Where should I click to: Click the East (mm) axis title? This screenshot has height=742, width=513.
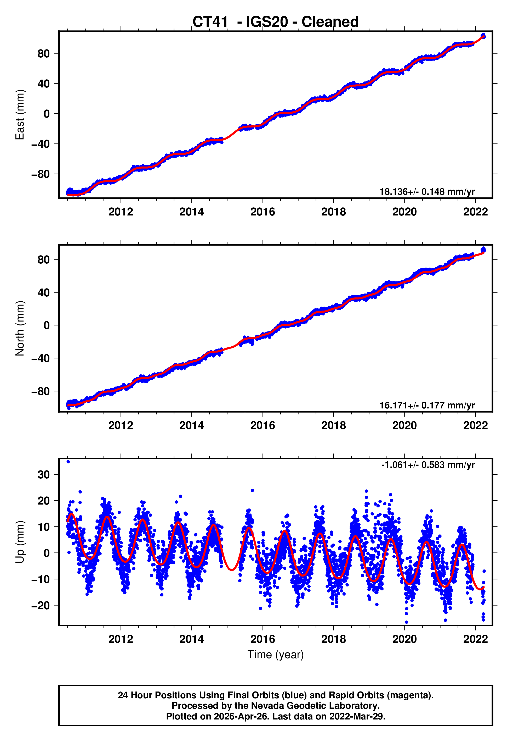coord(20,115)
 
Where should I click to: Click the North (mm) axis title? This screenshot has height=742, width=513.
coord(20,328)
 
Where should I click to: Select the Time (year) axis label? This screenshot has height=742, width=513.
coord(276,655)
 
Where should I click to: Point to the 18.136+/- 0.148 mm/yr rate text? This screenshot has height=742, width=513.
coord(427,192)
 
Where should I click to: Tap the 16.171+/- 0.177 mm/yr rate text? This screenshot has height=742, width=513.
coord(427,405)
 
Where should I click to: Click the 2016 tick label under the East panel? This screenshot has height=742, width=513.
coord(263,212)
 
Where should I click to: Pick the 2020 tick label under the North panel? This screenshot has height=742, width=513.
coord(404,425)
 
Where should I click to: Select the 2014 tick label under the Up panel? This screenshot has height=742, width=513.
coord(192,639)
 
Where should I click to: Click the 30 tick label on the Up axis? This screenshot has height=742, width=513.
coord(44,475)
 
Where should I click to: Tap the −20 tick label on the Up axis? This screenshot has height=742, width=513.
coord(41,606)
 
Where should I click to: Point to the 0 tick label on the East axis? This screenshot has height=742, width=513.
coord(47,114)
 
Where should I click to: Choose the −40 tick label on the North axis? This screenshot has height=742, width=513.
coord(41,358)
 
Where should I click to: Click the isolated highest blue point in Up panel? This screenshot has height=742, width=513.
coord(68,462)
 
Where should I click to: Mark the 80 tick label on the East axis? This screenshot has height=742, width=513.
coord(44,53)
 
